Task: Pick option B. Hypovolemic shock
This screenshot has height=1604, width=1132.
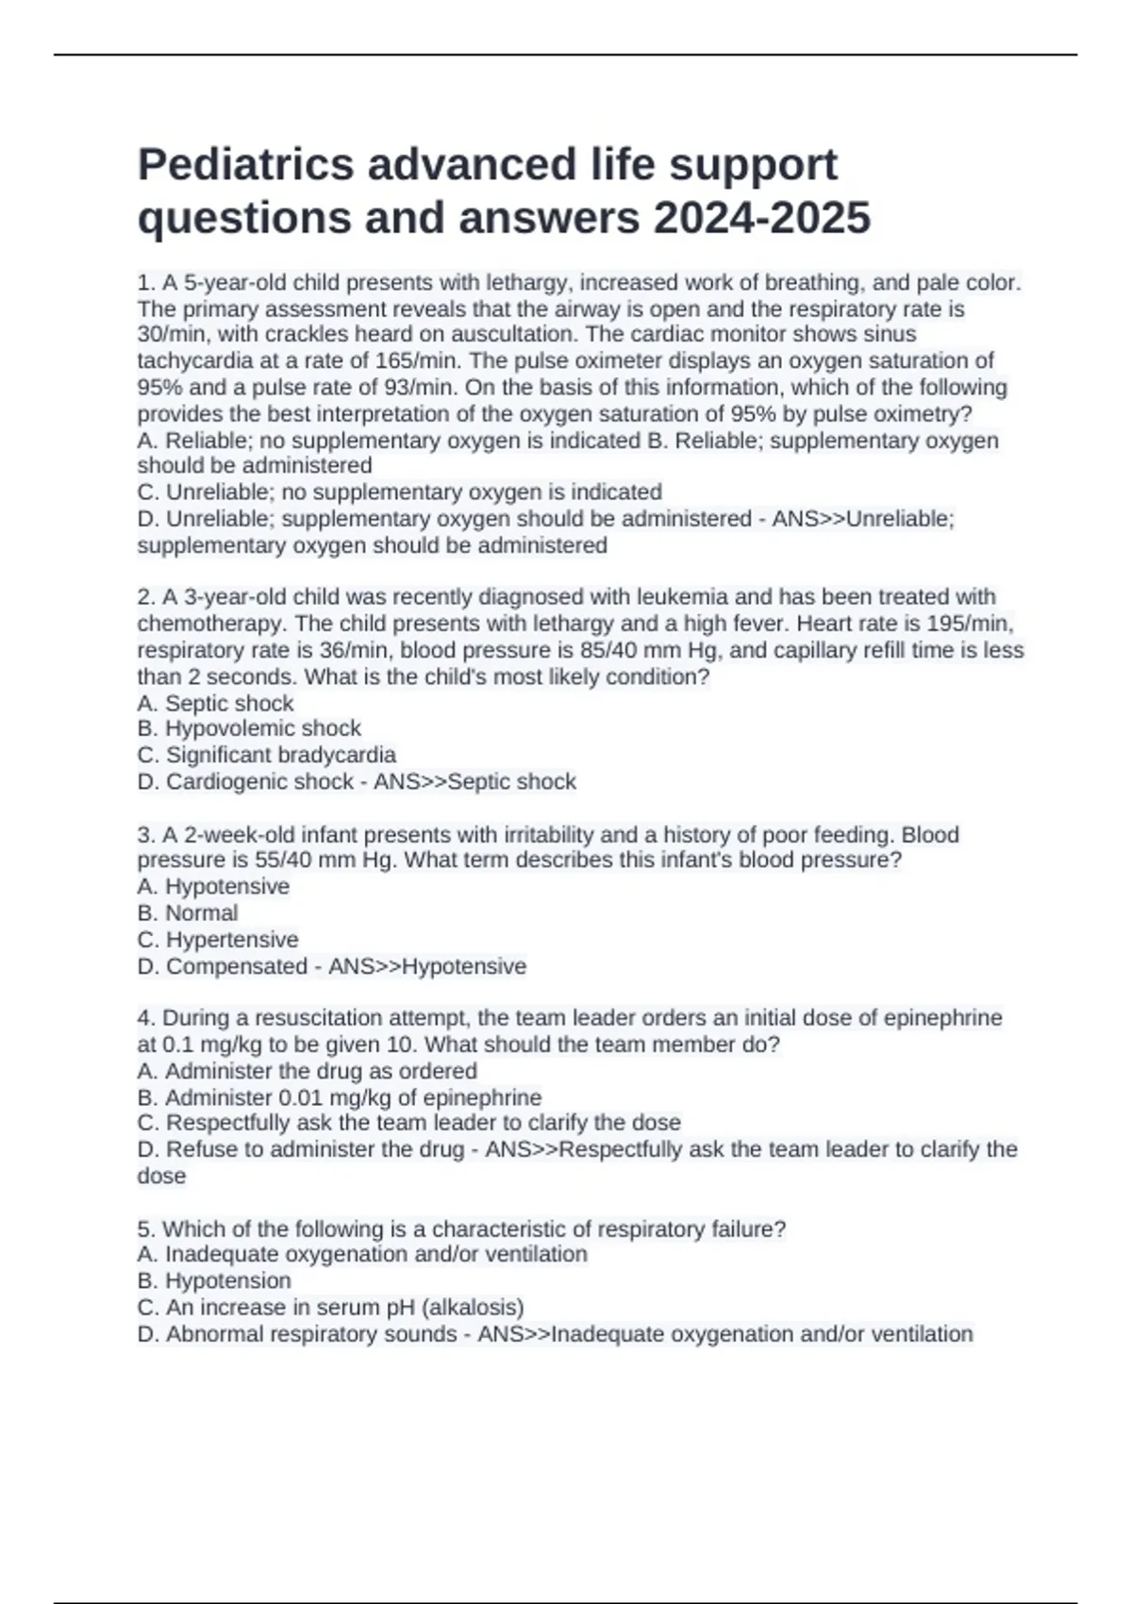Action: pos(249,728)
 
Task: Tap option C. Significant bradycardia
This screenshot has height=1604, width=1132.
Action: pos(267,755)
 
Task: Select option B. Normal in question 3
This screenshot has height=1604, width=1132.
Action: pos(188,913)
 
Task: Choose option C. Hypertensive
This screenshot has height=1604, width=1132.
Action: pos(218,940)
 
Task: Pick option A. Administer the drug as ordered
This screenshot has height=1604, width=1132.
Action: pos(308,1071)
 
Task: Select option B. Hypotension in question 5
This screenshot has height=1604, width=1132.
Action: pos(214,1280)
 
